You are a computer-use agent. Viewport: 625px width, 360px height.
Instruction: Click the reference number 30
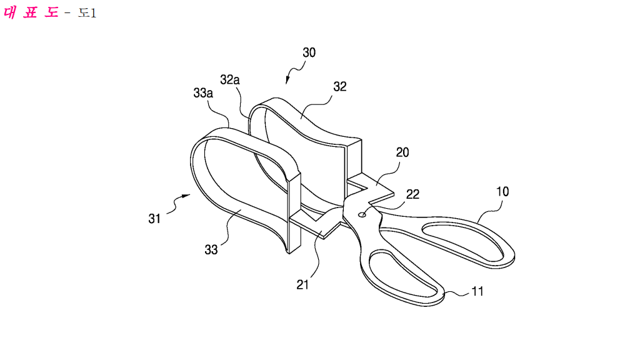309,52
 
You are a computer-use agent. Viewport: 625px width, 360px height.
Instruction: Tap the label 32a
230,80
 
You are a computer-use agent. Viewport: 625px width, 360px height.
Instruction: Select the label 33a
203,93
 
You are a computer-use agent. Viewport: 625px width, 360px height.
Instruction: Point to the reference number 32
339,86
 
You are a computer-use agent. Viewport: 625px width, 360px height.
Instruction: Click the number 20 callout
402,152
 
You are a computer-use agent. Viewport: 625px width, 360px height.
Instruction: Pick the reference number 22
412,194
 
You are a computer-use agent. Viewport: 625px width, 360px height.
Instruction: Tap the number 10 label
502,192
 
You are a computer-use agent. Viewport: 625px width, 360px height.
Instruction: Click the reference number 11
477,291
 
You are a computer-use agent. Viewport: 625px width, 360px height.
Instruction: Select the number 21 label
302,284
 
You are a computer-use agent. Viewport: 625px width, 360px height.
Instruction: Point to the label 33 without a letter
211,250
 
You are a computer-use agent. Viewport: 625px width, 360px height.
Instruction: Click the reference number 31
154,219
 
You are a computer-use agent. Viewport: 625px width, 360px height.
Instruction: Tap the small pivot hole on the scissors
362,215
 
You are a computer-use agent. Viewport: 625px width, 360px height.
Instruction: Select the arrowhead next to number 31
186,196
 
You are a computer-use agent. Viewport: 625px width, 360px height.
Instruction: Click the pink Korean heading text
31,12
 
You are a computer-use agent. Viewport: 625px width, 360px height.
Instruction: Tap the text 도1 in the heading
87,13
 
